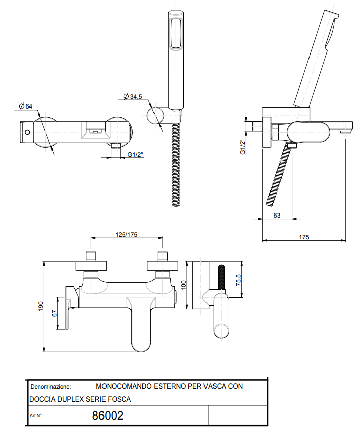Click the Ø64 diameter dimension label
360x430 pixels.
pyautogui.click(x=26, y=106)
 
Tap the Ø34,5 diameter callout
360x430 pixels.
pyautogui.click(x=133, y=96)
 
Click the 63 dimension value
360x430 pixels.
pyautogui.click(x=276, y=214)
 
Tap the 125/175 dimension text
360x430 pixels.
pyautogui.click(x=127, y=234)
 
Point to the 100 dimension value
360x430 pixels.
pyautogui.click(x=184, y=285)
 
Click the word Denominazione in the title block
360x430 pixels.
pyautogui.click(x=50, y=386)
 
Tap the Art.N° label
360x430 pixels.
pyautogui.click(x=37, y=416)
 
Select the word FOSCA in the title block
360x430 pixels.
pyautogui.click(x=120, y=399)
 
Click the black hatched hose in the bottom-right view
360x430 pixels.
pyautogui.click(x=221, y=278)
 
